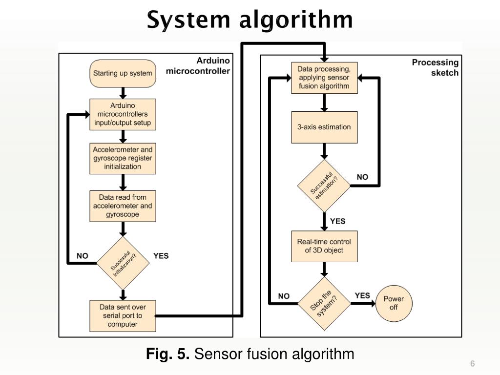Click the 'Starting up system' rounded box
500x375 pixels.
123,74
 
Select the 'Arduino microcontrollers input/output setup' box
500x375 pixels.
123,114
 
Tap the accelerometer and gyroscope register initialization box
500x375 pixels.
123,158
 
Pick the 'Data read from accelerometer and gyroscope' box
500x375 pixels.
123,206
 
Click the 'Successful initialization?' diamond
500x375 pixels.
123,263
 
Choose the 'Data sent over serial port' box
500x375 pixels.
123,316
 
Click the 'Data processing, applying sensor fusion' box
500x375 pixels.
324,78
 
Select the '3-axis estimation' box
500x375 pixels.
324,127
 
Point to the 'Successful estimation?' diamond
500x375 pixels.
324,186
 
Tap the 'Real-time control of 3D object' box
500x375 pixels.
324,246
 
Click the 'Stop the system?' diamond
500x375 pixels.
324,304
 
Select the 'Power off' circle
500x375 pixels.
394,303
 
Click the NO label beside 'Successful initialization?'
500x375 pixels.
83,256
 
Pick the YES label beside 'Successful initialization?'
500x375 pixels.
161,256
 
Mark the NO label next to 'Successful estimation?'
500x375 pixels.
362,177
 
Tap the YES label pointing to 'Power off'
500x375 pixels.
362,295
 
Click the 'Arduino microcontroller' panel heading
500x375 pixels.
198,66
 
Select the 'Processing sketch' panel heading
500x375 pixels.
435,67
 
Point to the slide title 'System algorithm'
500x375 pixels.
250,21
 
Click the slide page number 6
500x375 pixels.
472,364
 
